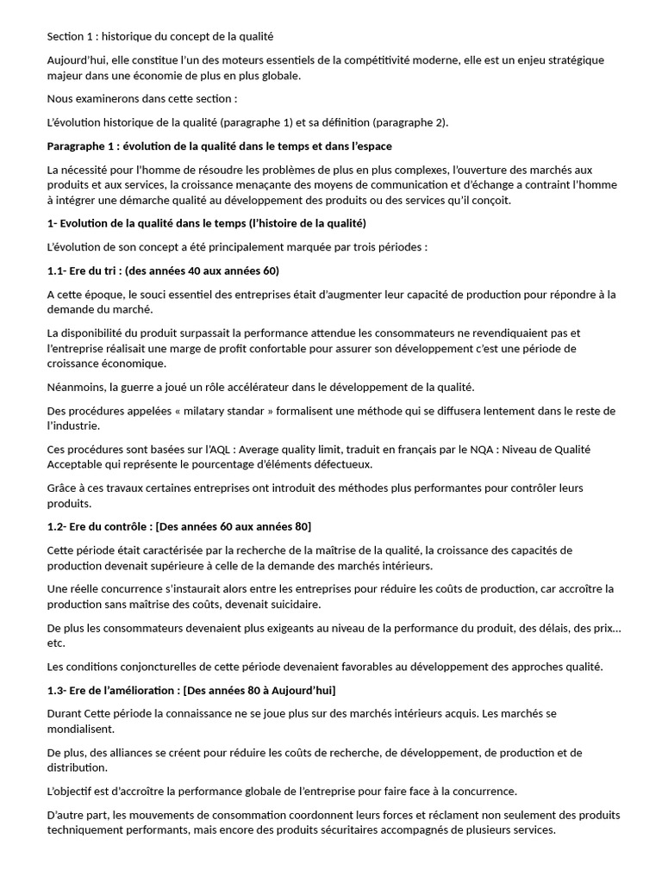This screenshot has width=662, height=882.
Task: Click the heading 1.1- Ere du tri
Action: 164,271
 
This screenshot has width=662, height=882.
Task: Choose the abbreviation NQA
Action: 490,450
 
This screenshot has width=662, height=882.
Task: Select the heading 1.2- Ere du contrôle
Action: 179,526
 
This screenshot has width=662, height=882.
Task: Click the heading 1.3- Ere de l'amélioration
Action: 192,691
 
